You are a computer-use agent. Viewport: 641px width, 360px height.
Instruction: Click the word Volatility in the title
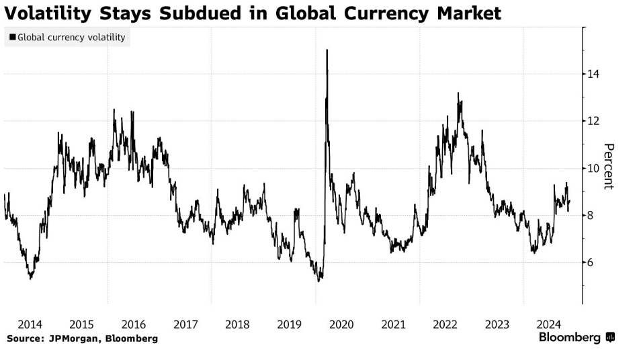tap(49, 13)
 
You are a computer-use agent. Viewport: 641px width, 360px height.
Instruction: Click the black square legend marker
tap(13, 38)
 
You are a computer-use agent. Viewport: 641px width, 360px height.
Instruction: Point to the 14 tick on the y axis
tap(594, 74)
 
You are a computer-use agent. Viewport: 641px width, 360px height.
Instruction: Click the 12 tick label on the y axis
tap(594, 121)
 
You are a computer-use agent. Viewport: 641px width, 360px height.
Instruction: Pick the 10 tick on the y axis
tap(594, 168)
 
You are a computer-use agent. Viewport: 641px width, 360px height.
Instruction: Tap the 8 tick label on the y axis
tap(591, 215)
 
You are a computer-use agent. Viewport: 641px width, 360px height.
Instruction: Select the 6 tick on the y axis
tap(591, 262)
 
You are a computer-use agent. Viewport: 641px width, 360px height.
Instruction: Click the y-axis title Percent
tap(609, 167)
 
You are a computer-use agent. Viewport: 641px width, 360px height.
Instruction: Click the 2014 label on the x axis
tap(30, 324)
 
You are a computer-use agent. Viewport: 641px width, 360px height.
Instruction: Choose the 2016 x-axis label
tap(134, 324)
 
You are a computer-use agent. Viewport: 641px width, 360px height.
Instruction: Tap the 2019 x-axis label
tap(290, 324)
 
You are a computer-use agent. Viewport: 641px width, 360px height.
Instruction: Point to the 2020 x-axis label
tap(341, 324)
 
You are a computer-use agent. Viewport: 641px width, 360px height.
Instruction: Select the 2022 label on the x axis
tap(445, 324)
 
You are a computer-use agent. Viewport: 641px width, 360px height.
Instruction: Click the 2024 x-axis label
tap(550, 324)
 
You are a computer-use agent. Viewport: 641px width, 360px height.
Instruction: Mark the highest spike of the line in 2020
tap(327, 50)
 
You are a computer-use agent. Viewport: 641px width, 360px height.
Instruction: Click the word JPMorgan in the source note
tap(71, 339)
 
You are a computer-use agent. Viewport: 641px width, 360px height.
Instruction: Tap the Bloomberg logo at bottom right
tap(576, 338)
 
